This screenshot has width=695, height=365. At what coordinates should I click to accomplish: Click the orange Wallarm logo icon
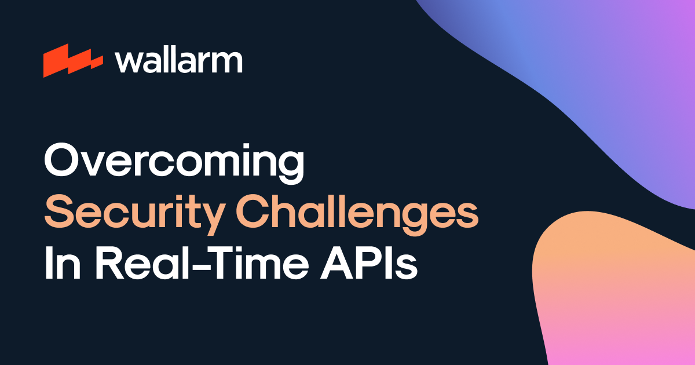pos(72,60)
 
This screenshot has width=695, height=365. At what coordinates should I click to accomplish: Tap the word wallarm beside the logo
pos(178,60)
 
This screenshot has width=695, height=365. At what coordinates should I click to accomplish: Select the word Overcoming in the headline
pos(174,164)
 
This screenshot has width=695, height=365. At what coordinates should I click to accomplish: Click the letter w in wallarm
pos(126,62)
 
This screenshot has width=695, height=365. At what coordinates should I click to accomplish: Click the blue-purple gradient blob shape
pos(579,75)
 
